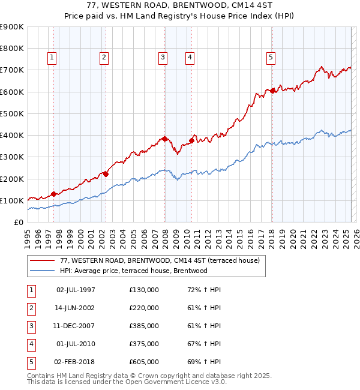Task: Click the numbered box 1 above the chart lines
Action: [52, 58]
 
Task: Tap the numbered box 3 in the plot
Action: [163, 58]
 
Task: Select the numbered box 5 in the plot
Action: [271, 58]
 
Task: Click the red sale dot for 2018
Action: [272, 91]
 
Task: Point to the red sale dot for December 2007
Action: [164, 139]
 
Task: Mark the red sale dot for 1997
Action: [54, 194]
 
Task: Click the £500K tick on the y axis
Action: [11, 113]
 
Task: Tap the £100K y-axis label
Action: [11, 200]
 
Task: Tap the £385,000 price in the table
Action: [143, 326]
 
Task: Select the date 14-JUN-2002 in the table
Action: [76, 308]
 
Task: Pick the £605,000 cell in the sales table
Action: [143, 362]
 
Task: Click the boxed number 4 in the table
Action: [30, 344]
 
